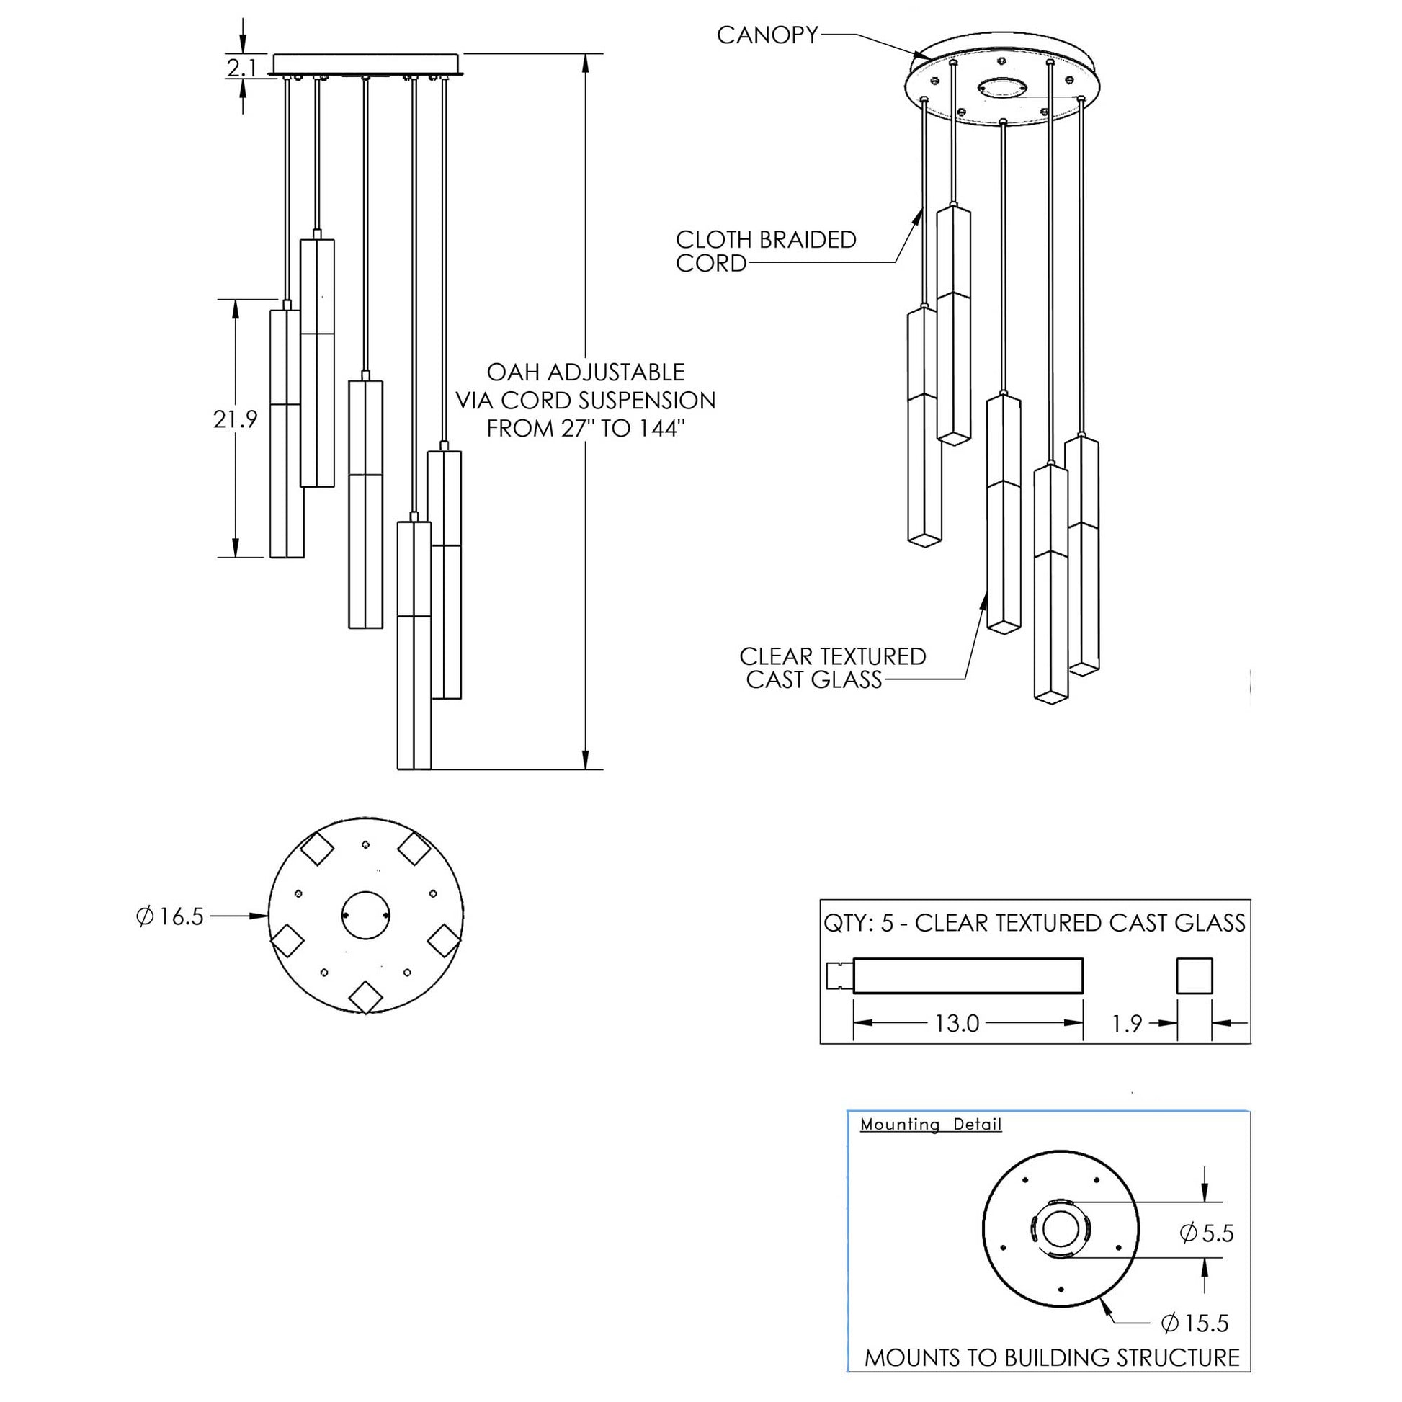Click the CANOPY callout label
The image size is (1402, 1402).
(767, 35)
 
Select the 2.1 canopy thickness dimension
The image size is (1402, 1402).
(241, 68)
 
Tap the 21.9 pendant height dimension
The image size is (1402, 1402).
(235, 419)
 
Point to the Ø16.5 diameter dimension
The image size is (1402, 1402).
(171, 916)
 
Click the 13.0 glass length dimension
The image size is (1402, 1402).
(957, 1023)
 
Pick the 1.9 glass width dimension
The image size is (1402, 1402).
(1127, 1023)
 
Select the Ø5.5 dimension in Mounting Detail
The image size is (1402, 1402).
(1207, 1233)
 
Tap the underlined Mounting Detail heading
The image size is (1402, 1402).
(930, 1125)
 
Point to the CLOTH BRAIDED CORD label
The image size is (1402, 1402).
(765, 251)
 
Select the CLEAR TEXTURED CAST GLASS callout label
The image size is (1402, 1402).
(832, 668)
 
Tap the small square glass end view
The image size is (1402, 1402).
(1194, 975)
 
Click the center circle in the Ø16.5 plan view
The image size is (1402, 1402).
(366, 916)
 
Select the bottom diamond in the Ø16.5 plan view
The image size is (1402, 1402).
(365, 997)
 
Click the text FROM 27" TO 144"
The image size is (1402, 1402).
(585, 429)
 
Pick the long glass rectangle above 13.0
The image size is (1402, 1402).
(968, 975)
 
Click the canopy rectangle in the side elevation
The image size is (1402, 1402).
(366, 64)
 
